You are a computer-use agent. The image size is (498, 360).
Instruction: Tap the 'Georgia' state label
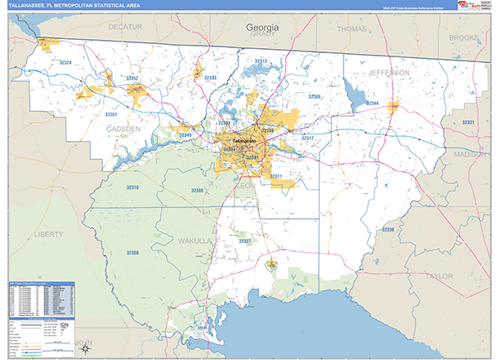(x=262, y=27)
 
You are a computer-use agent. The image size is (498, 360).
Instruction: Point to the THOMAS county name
(x=352, y=29)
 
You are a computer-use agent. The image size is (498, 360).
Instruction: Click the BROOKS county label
(x=463, y=37)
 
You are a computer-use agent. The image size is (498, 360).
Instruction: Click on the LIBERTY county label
(x=48, y=235)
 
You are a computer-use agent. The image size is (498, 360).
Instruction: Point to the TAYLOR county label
(x=438, y=275)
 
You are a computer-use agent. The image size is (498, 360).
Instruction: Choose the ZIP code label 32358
(x=131, y=251)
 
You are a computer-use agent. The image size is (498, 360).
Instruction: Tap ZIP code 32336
(x=388, y=230)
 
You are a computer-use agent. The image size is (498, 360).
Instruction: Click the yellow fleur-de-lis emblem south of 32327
(x=271, y=264)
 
